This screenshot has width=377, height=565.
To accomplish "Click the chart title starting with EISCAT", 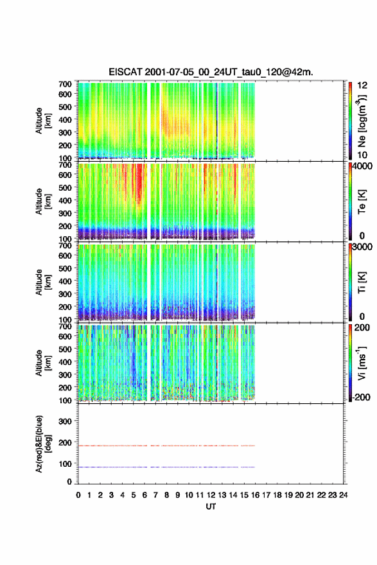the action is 211,72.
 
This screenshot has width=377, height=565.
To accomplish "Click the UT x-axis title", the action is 211,507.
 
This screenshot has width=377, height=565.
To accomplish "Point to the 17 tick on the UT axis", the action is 266,495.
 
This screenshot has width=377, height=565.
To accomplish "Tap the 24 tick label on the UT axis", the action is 343,495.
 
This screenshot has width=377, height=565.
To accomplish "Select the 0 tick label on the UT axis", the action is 78,495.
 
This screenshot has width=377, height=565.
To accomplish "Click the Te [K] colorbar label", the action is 362,202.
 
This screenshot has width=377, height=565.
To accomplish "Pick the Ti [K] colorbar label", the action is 362,282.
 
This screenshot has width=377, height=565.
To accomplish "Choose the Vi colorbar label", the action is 362,363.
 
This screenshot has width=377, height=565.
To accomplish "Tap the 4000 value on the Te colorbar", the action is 362,166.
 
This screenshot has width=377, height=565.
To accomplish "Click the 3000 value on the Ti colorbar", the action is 362,247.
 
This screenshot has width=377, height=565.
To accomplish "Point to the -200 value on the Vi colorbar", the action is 362,397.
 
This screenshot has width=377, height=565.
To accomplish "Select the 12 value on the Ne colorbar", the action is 362,85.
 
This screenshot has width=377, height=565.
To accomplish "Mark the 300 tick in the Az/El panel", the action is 65,421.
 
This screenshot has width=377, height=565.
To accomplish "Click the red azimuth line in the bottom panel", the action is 166,446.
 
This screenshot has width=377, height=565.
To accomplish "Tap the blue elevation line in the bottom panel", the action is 166,467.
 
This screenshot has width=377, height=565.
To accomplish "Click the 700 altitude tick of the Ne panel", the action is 65,84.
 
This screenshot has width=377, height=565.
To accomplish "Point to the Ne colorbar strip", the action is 350,120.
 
